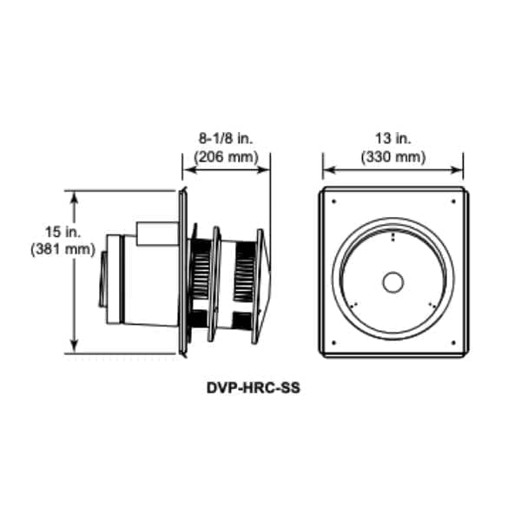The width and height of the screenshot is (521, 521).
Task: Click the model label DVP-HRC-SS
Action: point(254,388)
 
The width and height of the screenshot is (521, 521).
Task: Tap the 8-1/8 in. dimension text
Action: point(226,139)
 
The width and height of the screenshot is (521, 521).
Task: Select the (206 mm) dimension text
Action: point(226,157)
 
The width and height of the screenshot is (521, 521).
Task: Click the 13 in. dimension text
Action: point(393,139)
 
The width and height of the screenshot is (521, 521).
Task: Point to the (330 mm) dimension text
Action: point(393,157)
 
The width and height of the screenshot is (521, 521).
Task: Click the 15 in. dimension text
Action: point(63,232)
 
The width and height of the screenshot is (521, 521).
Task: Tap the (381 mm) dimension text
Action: point(63,249)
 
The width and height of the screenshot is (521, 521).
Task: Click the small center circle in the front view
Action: point(393,282)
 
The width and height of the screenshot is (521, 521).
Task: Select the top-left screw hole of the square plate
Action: point(334,201)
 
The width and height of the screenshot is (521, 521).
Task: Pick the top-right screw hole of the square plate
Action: point(453,201)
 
